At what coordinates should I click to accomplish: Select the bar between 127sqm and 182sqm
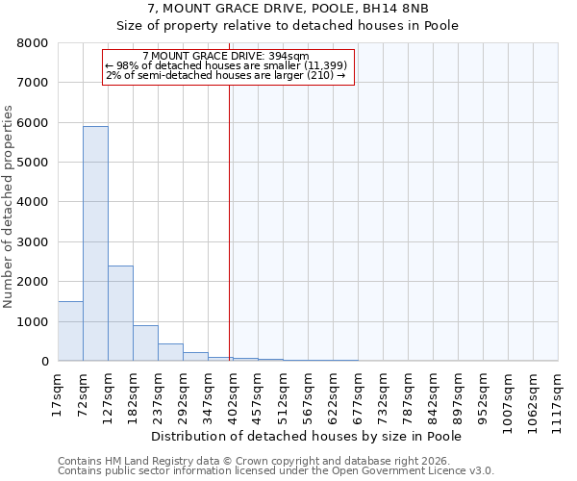(x=120, y=313)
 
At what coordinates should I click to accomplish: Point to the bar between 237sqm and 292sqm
(x=170, y=352)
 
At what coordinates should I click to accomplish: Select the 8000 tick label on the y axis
(x=32, y=43)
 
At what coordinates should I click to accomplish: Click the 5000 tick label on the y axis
(x=32, y=163)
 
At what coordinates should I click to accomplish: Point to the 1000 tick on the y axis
(x=32, y=321)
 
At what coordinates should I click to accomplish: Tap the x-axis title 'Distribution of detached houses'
(x=307, y=436)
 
